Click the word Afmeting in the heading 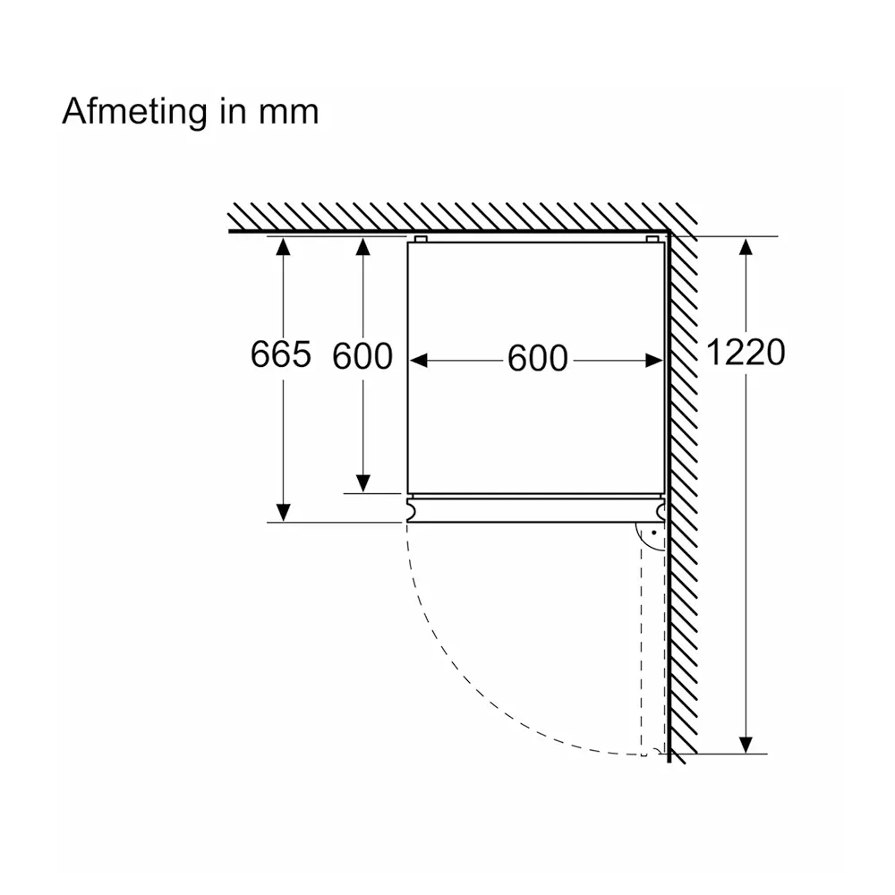[x=135, y=113]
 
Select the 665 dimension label [x=281, y=354]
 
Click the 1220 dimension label [x=746, y=352]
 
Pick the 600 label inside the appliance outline [x=538, y=359]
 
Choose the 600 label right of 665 [x=362, y=356]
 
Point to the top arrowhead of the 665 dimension [x=283, y=247]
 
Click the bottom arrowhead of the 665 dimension [x=283, y=513]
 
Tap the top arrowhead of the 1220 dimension [x=746, y=247]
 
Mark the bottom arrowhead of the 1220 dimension [x=746, y=745]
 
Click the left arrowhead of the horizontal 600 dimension [x=418, y=361]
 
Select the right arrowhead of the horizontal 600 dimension [x=654, y=361]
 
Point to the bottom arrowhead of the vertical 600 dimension [x=363, y=483]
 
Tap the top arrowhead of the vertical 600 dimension [x=363, y=247]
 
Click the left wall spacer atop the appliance [x=421, y=239]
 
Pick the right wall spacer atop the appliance [x=652, y=239]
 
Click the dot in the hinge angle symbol [x=654, y=533]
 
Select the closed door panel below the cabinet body [x=536, y=510]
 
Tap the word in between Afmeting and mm [x=233, y=111]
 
